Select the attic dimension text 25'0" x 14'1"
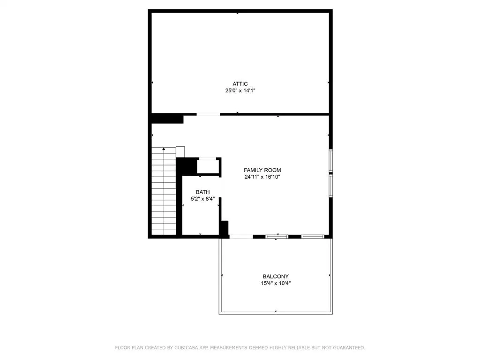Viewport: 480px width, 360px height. (x=240, y=91)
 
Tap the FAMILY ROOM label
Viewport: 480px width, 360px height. (x=262, y=170)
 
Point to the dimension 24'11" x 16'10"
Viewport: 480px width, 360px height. (x=262, y=177)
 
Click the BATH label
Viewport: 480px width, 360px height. (x=202, y=192)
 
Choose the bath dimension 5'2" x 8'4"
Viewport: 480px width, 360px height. (x=202, y=199)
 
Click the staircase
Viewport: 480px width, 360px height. (x=164, y=192)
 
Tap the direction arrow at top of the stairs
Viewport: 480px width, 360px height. (x=164, y=150)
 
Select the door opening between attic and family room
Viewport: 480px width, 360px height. (x=208, y=114)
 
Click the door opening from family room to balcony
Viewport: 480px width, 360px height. (x=241, y=236)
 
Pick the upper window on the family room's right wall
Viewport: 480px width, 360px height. (x=331, y=160)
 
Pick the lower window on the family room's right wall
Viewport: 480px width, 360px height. (x=331, y=186)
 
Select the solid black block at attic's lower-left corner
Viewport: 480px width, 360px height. (x=167, y=119)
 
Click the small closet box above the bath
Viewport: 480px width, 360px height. (x=207, y=166)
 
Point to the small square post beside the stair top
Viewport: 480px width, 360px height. (x=180, y=152)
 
